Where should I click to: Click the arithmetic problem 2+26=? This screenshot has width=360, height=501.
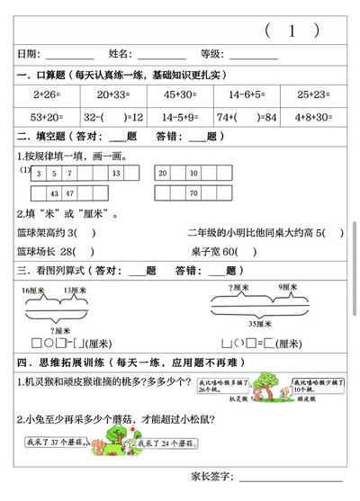[44, 94]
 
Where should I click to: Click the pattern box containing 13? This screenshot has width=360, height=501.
[115, 173]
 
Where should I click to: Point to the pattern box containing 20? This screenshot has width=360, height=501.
[162, 173]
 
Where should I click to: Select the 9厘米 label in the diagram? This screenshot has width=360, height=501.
[287, 287]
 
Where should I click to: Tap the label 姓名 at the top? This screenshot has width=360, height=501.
[121, 55]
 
